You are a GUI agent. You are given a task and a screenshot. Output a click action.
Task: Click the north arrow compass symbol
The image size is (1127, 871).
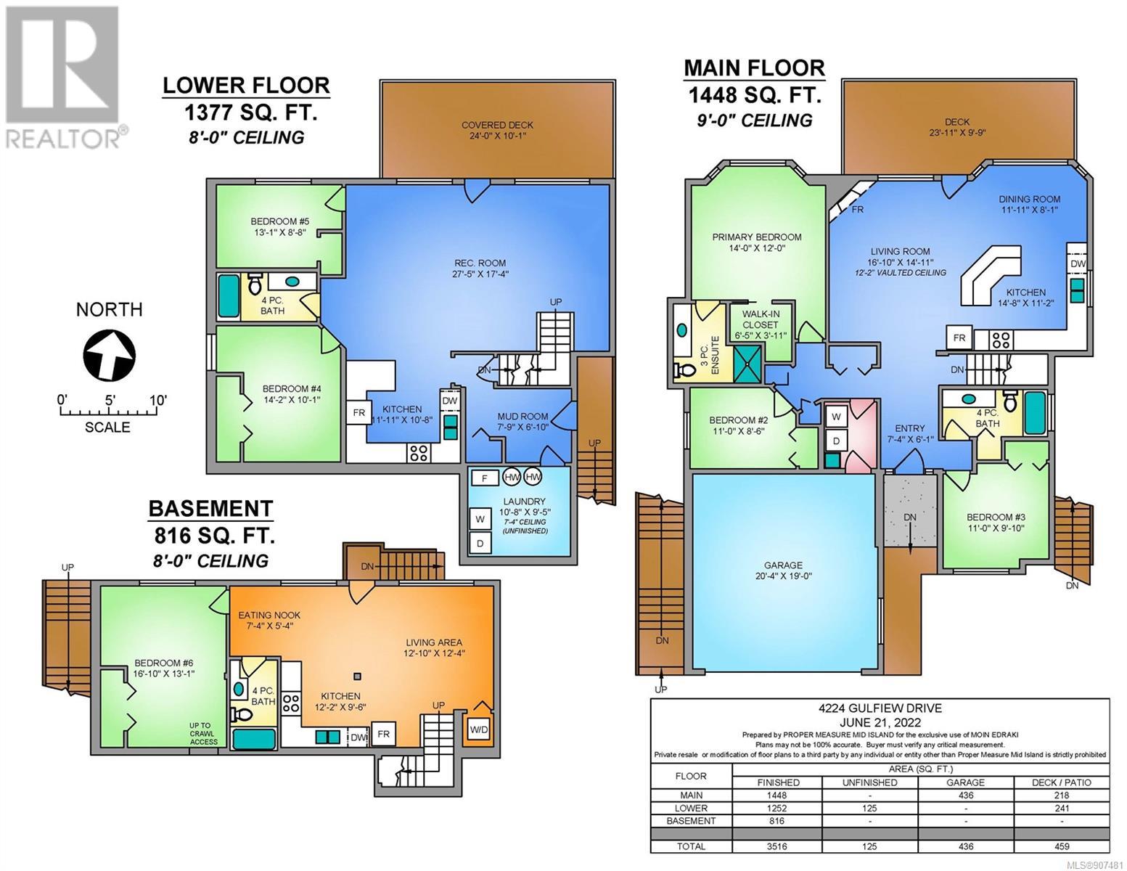point(110,356)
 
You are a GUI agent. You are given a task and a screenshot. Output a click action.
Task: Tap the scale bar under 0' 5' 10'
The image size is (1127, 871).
point(109,412)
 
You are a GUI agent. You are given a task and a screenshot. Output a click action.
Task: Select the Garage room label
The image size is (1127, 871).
point(783,570)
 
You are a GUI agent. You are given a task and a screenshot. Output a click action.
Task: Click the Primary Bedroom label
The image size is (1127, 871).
point(757,242)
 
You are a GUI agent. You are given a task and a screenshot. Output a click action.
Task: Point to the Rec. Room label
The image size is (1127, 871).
point(480,269)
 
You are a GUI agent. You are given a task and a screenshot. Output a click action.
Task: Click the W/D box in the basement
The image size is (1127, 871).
point(479,730)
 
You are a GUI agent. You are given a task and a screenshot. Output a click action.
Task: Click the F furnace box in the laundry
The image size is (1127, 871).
point(484,478)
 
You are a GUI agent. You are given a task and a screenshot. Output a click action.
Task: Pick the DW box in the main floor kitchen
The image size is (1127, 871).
point(1077,263)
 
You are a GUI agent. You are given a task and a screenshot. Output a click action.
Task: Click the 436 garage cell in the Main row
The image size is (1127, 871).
point(965,796)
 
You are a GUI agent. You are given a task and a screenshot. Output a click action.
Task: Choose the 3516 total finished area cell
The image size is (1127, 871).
point(777,846)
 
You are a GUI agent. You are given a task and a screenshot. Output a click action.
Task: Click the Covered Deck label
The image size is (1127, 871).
point(497,130)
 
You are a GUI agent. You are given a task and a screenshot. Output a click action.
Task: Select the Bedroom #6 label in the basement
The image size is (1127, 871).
point(164,668)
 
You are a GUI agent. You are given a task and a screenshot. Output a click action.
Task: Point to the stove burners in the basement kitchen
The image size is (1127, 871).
point(291,704)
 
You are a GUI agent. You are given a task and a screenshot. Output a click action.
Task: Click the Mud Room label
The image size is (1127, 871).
point(522,421)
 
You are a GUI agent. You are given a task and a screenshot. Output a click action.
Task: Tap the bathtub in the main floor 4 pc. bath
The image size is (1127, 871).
point(1036,412)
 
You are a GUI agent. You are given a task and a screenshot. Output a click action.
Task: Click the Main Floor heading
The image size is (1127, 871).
point(754,68)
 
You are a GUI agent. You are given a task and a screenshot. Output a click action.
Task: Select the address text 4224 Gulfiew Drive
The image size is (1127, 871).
point(880,708)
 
